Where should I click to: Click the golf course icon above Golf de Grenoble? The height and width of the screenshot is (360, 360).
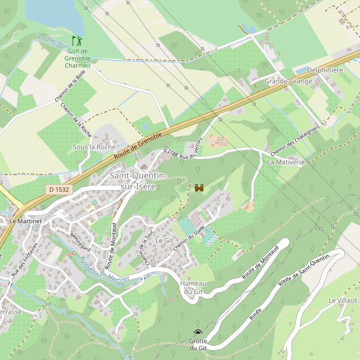click(x=76, y=41)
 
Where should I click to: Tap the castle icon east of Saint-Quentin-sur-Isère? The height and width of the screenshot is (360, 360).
click(x=199, y=188)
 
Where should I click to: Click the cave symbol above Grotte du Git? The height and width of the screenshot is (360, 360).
click(x=198, y=332)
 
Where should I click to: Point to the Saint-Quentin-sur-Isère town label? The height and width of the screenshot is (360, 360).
click(x=138, y=181)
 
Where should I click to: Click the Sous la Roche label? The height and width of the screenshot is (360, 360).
click(x=94, y=147)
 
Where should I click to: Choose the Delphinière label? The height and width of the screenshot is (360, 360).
click(x=325, y=70)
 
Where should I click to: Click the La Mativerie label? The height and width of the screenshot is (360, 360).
click(x=286, y=162)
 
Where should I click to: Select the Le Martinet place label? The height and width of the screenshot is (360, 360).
click(x=25, y=221)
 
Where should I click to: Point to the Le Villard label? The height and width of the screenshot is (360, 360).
click(x=342, y=300)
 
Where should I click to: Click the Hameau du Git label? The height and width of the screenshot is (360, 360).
click(x=194, y=287)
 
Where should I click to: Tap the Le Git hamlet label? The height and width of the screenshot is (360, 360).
click(x=164, y=240)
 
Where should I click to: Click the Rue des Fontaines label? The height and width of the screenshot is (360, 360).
click(x=24, y=259)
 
